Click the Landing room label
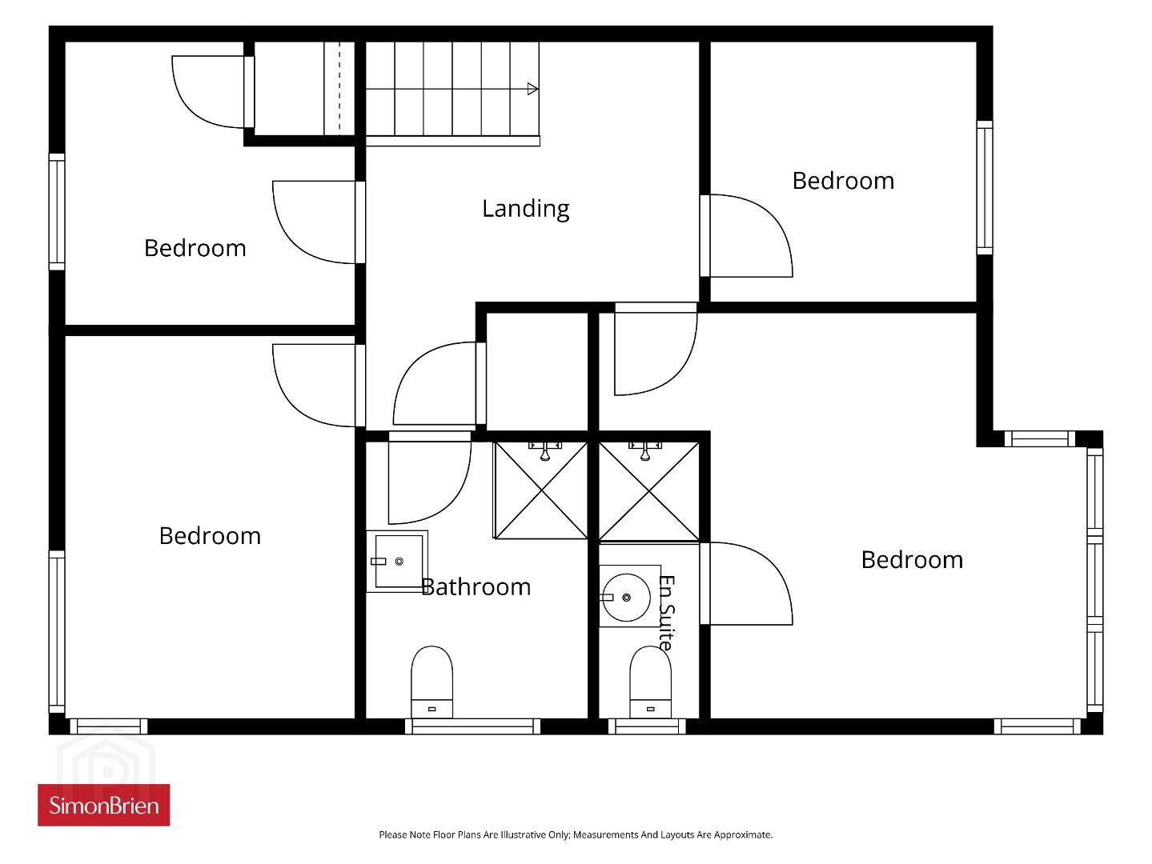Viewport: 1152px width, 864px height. [525, 209]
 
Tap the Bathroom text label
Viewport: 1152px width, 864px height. [476, 586]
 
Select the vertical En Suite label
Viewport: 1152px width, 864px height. [667, 612]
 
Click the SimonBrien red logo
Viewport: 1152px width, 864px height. [104, 805]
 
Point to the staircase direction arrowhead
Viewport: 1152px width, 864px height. [532, 89]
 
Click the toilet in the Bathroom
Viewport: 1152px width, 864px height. [431, 682]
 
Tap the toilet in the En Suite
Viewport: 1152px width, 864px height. [650, 682]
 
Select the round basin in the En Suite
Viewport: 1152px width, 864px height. [626, 597]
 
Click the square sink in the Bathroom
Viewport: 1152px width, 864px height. [397, 562]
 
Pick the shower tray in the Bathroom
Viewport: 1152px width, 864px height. [540, 490]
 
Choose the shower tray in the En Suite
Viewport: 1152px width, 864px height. [648, 490]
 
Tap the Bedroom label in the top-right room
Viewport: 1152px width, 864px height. [843, 181]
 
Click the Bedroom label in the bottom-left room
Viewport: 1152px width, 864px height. [210, 536]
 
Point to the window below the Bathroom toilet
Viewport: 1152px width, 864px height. [472, 726]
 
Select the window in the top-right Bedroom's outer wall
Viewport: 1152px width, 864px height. [985, 188]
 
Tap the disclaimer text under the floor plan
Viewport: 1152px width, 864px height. [576, 834]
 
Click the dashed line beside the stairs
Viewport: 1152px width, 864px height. [339, 88]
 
